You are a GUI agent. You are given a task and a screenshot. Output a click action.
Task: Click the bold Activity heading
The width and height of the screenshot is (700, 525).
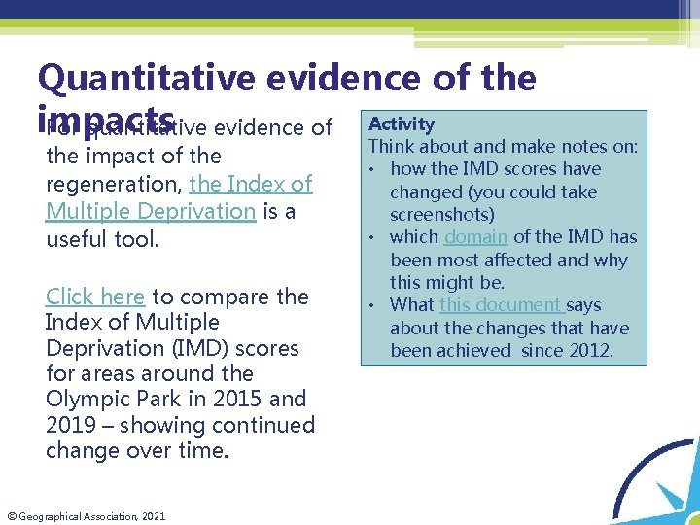coord(401,123)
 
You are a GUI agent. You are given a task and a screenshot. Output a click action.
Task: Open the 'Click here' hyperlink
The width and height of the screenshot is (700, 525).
coord(95,297)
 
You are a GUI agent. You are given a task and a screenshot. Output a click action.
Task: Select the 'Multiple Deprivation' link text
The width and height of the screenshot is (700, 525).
coord(150,211)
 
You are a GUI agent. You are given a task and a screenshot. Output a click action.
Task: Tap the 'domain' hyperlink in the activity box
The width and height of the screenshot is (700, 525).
coord(475,237)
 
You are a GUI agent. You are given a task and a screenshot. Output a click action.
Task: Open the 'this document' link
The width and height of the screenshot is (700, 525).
coord(500,305)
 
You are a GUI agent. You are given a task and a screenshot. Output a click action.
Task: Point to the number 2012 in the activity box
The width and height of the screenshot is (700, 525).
coord(593,350)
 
